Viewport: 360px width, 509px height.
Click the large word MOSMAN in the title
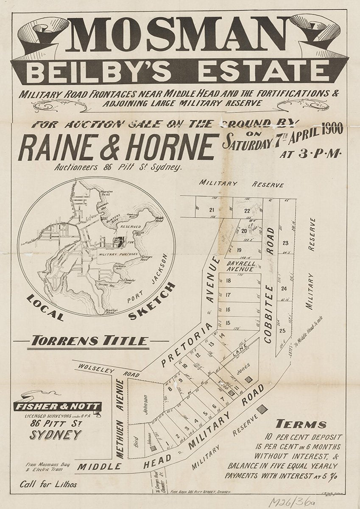(x=180, y=35)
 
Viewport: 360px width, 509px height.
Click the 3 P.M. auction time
(x=311, y=153)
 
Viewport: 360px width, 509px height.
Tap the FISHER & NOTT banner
(x=58, y=406)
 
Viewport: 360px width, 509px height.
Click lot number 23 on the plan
(x=285, y=243)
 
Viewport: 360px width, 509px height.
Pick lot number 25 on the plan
(x=282, y=331)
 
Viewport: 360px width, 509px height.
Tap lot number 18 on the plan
(x=229, y=280)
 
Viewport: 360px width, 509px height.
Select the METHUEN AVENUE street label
(x=120, y=418)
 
